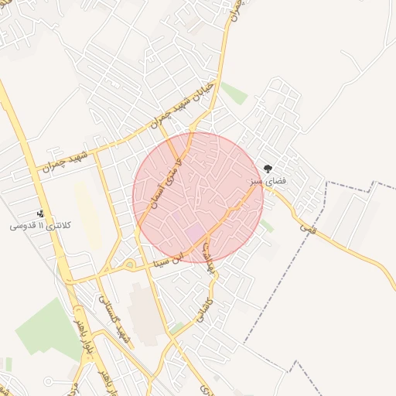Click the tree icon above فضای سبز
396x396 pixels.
point(268,168)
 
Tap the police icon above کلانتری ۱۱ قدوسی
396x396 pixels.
point(40,213)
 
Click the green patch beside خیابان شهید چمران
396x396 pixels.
point(234,94)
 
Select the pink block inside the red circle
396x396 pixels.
point(194,231)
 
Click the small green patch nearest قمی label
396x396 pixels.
point(267,225)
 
